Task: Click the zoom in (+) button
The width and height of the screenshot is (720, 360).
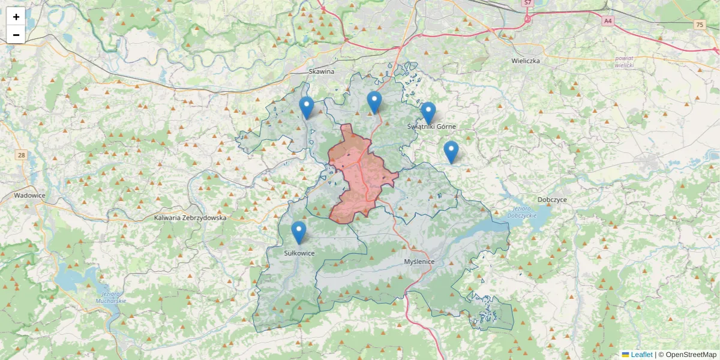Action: click(16, 17)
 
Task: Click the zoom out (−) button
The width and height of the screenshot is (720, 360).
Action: click(16, 35)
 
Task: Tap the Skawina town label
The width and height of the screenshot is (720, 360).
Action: click(321, 71)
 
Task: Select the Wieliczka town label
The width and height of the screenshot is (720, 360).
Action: click(526, 61)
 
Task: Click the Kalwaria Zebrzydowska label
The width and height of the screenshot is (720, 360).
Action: click(190, 218)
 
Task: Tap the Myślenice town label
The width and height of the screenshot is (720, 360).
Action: click(419, 262)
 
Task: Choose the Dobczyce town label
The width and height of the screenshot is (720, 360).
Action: click(553, 199)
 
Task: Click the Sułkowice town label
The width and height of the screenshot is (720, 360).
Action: click(299, 253)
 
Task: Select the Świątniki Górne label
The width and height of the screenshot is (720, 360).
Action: click(431, 127)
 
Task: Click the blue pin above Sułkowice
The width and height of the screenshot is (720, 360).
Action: click(298, 232)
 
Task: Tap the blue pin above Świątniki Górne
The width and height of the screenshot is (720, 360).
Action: click(428, 112)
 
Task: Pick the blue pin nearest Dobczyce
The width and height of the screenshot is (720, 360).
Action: click(451, 151)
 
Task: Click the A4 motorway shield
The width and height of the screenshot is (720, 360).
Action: click(608, 21)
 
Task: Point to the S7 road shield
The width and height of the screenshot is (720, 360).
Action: click(527, 3)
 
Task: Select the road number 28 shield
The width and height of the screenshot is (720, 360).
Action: click(22, 155)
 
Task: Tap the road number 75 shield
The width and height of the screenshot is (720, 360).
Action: click(700, 25)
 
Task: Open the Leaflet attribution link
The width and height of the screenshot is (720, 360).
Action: click(641, 355)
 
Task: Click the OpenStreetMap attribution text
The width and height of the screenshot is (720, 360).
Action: click(691, 355)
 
